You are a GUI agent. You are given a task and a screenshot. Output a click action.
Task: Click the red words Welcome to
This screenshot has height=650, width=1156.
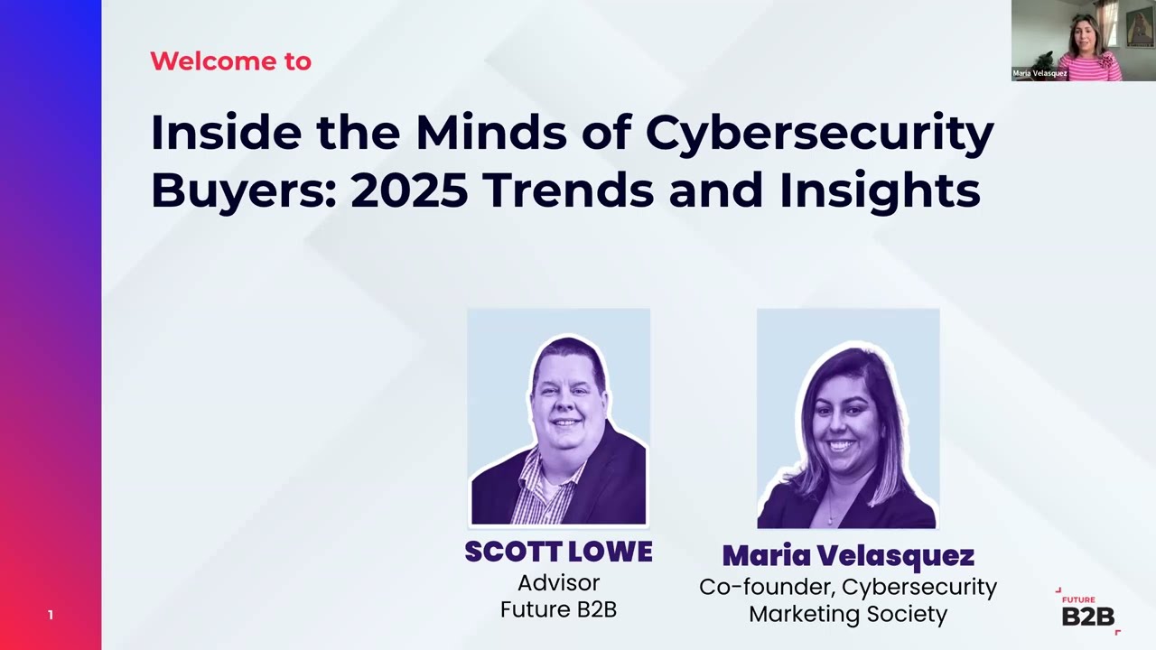(230, 61)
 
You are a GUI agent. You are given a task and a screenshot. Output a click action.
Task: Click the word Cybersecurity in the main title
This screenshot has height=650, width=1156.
(819, 133)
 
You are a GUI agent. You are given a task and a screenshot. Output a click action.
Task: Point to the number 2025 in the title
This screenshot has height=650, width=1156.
(408, 190)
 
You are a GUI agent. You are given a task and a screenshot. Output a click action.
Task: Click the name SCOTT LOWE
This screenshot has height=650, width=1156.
(558, 552)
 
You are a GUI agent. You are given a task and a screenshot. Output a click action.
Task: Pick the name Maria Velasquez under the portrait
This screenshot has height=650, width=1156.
(847, 555)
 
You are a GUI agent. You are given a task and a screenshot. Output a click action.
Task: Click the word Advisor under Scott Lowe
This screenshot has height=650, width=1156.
(558, 582)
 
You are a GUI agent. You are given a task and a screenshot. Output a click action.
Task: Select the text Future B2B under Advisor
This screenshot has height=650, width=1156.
(558, 609)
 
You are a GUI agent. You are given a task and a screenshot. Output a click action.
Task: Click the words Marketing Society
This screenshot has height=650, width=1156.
(847, 615)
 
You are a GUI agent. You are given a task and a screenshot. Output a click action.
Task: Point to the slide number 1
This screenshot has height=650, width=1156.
(51, 615)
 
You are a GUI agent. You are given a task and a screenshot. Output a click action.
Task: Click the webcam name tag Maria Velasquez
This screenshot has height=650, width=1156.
(1039, 73)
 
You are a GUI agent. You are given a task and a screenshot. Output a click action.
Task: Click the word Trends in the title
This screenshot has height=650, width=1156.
(567, 190)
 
